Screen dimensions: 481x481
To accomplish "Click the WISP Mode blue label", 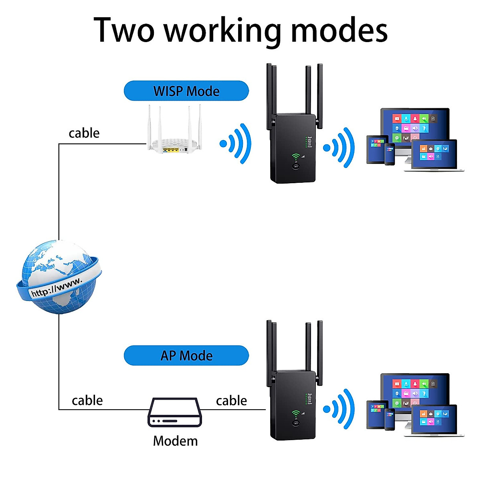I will click(x=186, y=91).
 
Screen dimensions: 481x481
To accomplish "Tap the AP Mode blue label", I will click(x=186, y=356).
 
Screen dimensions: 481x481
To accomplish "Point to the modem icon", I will click(x=175, y=412).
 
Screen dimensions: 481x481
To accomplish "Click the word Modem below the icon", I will click(x=175, y=441).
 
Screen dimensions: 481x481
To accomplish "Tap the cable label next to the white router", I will click(x=84, y=133).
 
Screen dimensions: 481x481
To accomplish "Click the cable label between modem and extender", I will click(x=231, y=400).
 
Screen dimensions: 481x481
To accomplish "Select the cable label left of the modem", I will click(x=87, y=400).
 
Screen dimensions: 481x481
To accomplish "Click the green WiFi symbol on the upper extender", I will click(x=296, y=157).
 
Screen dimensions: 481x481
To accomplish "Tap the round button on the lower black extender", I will click(x=296, y=423).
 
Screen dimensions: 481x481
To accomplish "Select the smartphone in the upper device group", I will click(x=390, y=154).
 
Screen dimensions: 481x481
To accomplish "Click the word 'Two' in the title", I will click(x=124, y=31).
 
